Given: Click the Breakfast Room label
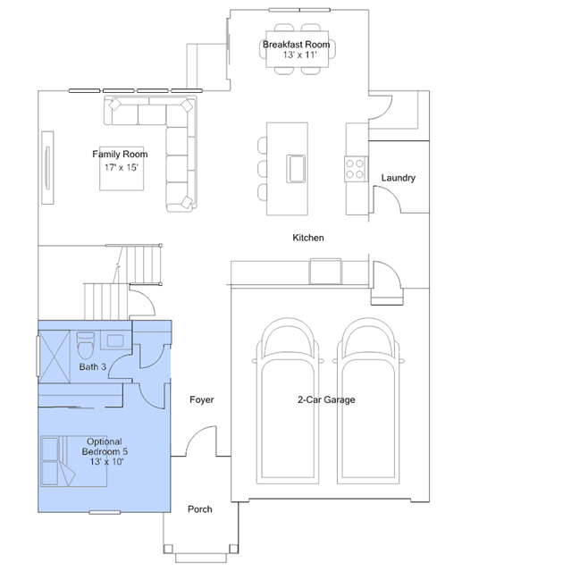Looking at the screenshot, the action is (296, 45).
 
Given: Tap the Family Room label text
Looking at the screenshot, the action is (120, 154).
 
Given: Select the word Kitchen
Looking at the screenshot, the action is (308, 238).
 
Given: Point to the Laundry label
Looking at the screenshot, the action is (398, 178).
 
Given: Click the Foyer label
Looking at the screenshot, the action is (201, 399).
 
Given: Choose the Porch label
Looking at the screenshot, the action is (200, 509).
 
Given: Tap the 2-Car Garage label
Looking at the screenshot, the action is (326, 399).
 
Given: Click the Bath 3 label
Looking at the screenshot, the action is (93, 366).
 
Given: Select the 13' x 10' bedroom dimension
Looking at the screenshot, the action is (106, 462).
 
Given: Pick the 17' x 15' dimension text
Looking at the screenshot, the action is (122, 167).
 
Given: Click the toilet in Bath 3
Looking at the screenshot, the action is (86, 345).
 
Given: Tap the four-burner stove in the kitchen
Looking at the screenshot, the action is (356, 169).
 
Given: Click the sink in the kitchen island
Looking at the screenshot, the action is (296, 169).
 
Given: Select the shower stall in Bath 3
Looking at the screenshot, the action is (54, 357).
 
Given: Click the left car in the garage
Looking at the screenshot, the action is (288, 400).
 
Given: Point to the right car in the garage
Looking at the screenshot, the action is (368, 400).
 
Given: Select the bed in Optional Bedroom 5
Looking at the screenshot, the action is (74, 461).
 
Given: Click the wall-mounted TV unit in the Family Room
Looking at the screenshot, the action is (47, 167).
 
